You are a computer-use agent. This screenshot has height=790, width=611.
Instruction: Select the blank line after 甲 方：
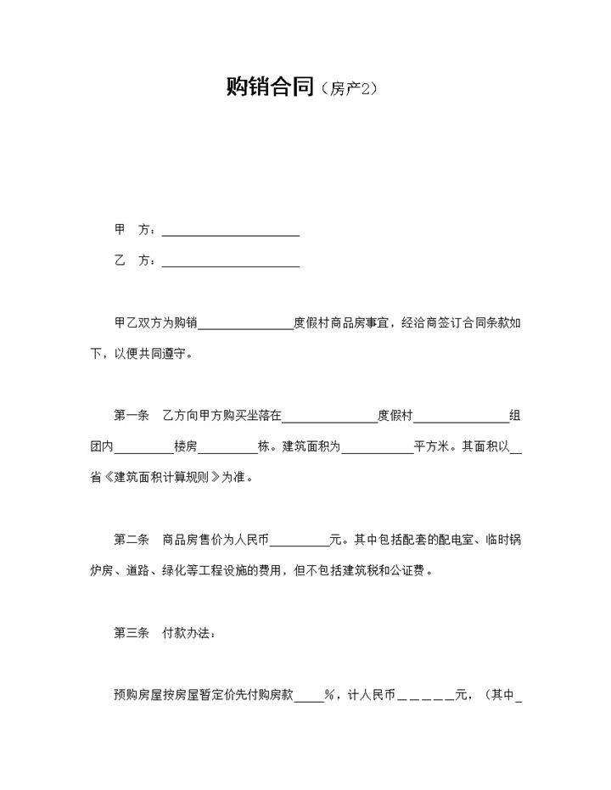coord(230,230)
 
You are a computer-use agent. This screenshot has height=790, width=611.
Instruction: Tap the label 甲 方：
coord(134,230)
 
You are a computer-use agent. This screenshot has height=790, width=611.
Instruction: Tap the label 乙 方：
coord(134,261)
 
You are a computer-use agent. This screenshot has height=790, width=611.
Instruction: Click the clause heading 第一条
coord(131,416)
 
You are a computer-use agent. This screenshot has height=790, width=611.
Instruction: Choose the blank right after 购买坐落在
coord(330,417)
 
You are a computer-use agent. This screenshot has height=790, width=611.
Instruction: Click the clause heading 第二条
coord(131,539)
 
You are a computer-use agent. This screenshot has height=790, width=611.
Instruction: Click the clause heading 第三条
coord(131,633)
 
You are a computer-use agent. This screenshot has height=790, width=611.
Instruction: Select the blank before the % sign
coord(307,696)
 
